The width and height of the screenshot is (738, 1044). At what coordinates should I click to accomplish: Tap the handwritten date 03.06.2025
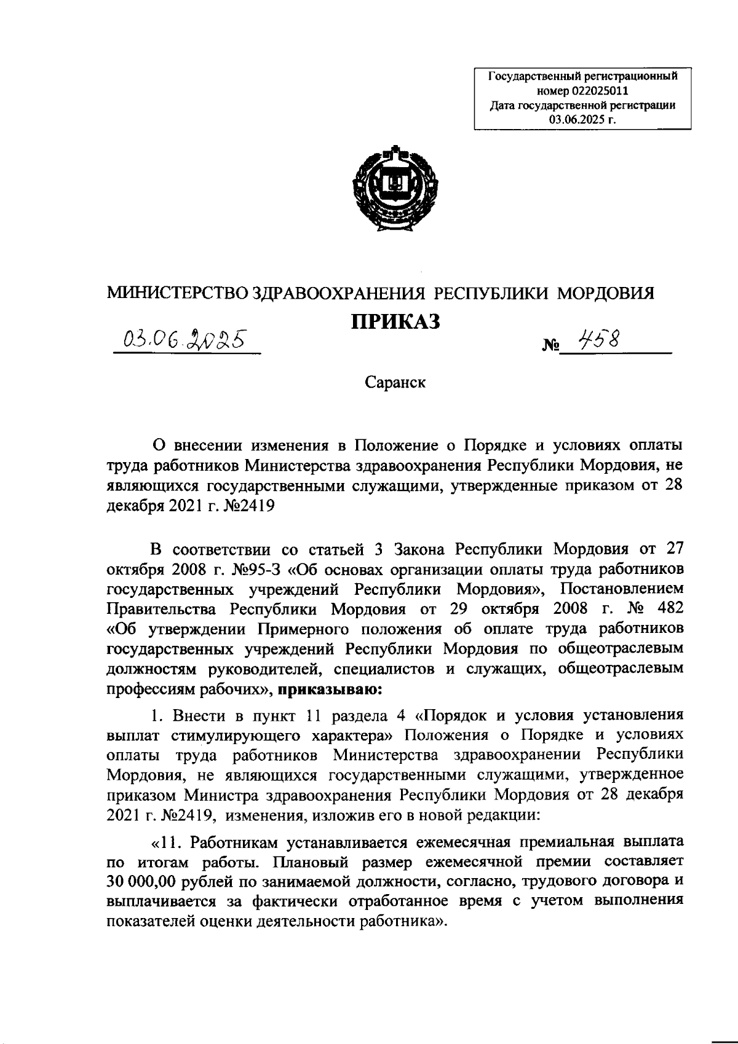coord(184,339)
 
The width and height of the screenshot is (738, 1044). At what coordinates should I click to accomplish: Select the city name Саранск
coord(395,382)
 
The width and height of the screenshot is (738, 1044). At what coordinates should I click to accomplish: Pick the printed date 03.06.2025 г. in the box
coord(582,119)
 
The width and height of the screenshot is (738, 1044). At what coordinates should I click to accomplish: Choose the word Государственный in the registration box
coord(529,78)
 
